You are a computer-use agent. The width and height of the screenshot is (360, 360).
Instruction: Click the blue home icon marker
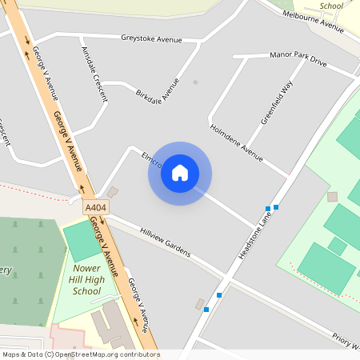pyautogui.click(x=180, y=173)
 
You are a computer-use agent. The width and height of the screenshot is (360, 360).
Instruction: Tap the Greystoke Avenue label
pyautogui.click(x=151, y=38)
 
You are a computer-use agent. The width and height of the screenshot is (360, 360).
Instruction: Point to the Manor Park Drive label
pyautogui.click(x=299, y=60)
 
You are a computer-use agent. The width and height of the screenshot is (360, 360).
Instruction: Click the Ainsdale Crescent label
pyautogui.click(x=94, y=72)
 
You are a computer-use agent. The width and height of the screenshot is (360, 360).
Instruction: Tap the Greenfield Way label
pyautogui.click(x=277, y=103)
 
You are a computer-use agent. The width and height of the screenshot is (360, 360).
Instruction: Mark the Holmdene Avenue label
pyautogui.click(x=236, y=142)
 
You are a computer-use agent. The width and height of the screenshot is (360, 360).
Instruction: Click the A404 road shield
pyautogui.click(x=96, y=208)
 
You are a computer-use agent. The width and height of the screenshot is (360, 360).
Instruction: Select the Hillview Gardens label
pyautogui.click(x=166, y=241)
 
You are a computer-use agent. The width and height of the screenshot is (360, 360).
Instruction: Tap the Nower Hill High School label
pyautogui.click(x=87, y=280)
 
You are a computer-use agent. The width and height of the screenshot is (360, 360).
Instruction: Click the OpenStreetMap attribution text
pyautogui.click(x=80, y=354)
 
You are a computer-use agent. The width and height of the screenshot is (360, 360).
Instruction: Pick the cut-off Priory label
pyautogui.click(x=346, y=342)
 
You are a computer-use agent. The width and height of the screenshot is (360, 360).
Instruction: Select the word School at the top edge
pyautogui.click(x=330, y=6)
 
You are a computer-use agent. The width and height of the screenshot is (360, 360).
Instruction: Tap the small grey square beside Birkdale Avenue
pyautogui.click(x=195, y=82)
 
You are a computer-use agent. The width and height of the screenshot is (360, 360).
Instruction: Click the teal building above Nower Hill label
pyautogui.click(x=82, y=239)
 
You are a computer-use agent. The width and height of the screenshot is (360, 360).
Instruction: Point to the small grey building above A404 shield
pyautogui.click(x=113, y=192)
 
